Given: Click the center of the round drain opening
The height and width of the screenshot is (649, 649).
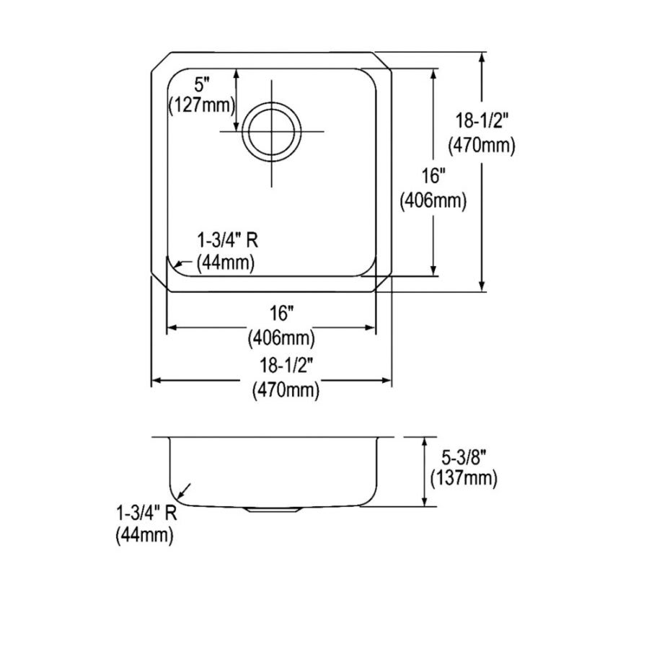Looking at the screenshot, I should point(271,132).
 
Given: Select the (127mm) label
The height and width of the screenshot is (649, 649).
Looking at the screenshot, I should point(202,105).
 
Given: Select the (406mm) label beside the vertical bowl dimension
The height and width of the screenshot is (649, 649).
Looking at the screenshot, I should point(433,202).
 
